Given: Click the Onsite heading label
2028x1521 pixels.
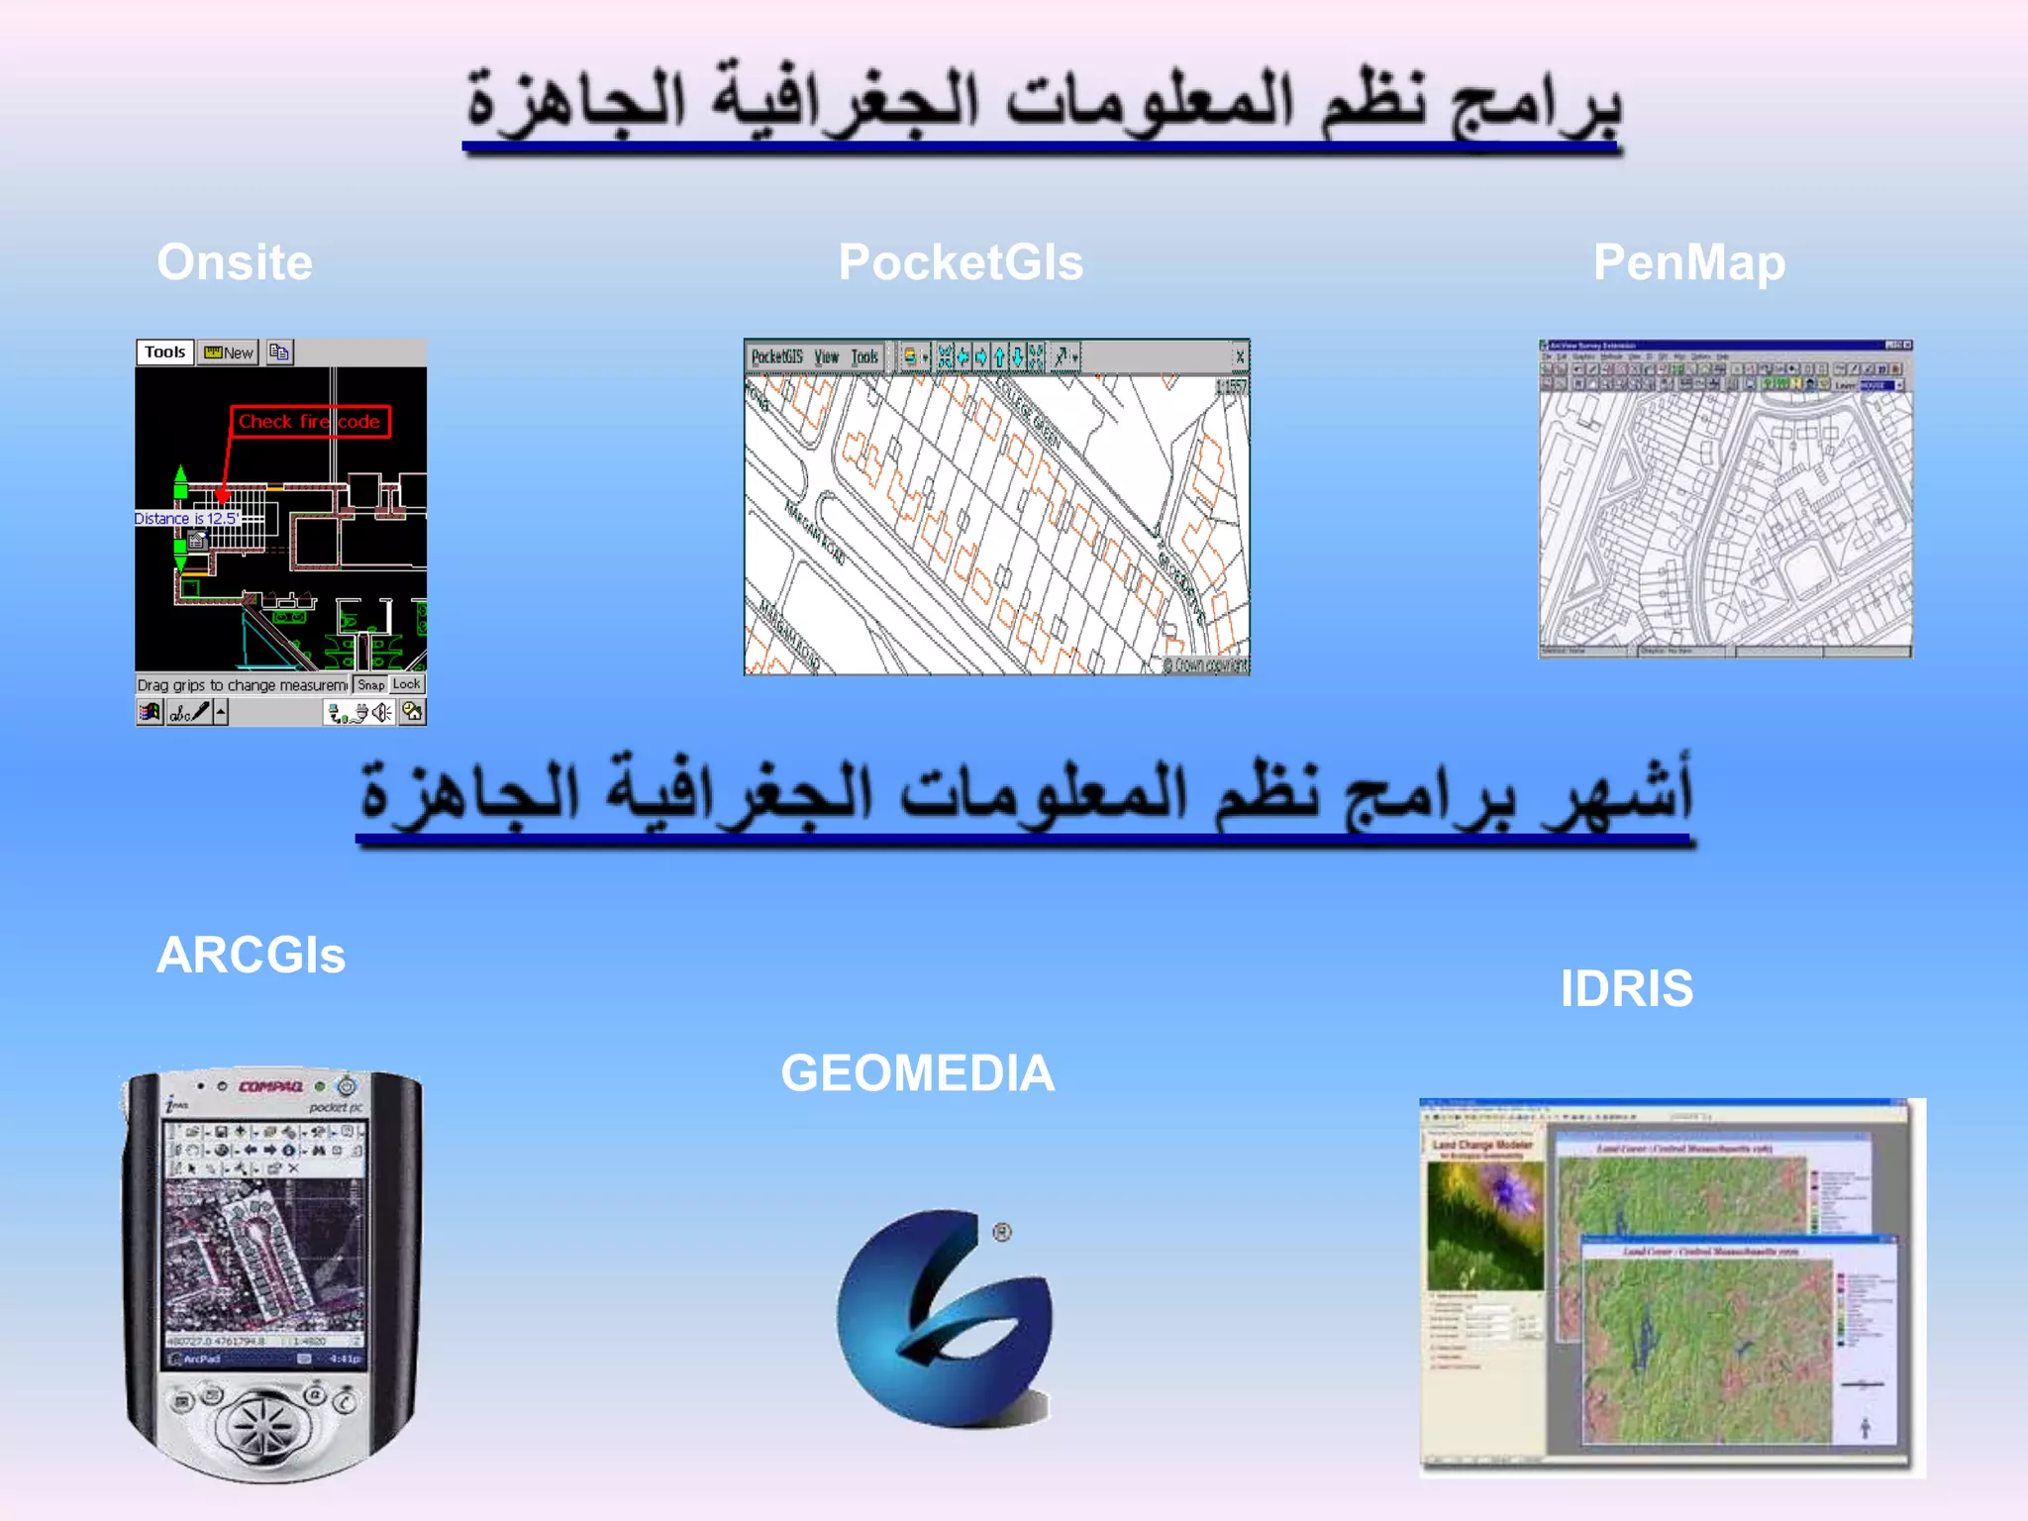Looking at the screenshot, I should click(x=235, y=263).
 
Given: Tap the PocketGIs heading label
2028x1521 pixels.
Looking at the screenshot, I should click(x=961, y=263).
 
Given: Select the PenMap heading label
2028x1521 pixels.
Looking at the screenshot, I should click(x=1689, y=263).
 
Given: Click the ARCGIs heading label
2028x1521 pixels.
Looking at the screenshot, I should click(x=251, y=956).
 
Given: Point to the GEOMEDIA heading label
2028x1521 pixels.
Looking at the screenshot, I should click(x=918, y=1073).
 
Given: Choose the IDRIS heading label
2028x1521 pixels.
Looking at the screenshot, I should click(x=1627, y=988).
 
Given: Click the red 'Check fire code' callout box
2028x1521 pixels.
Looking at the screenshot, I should click(x=310, y=422).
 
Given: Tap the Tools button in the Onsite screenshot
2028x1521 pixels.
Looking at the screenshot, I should click(x=164, y=353).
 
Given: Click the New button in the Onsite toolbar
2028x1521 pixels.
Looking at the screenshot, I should click(x=229, y=353).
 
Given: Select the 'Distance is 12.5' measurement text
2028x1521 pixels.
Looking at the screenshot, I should click(x=186, y=518).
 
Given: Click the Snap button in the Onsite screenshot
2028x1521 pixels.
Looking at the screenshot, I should click(x=371, y=684).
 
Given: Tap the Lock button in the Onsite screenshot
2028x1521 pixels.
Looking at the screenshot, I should click(x=406, y=684).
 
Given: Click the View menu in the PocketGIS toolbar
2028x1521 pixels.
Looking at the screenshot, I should click(x=826, y=356).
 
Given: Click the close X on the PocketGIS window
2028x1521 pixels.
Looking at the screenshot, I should click(x=1239, y=356).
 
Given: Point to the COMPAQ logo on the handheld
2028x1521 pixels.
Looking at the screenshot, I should click(x=270, y=1086).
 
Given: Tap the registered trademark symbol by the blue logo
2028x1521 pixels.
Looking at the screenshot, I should click(x=1002, y=1232).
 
